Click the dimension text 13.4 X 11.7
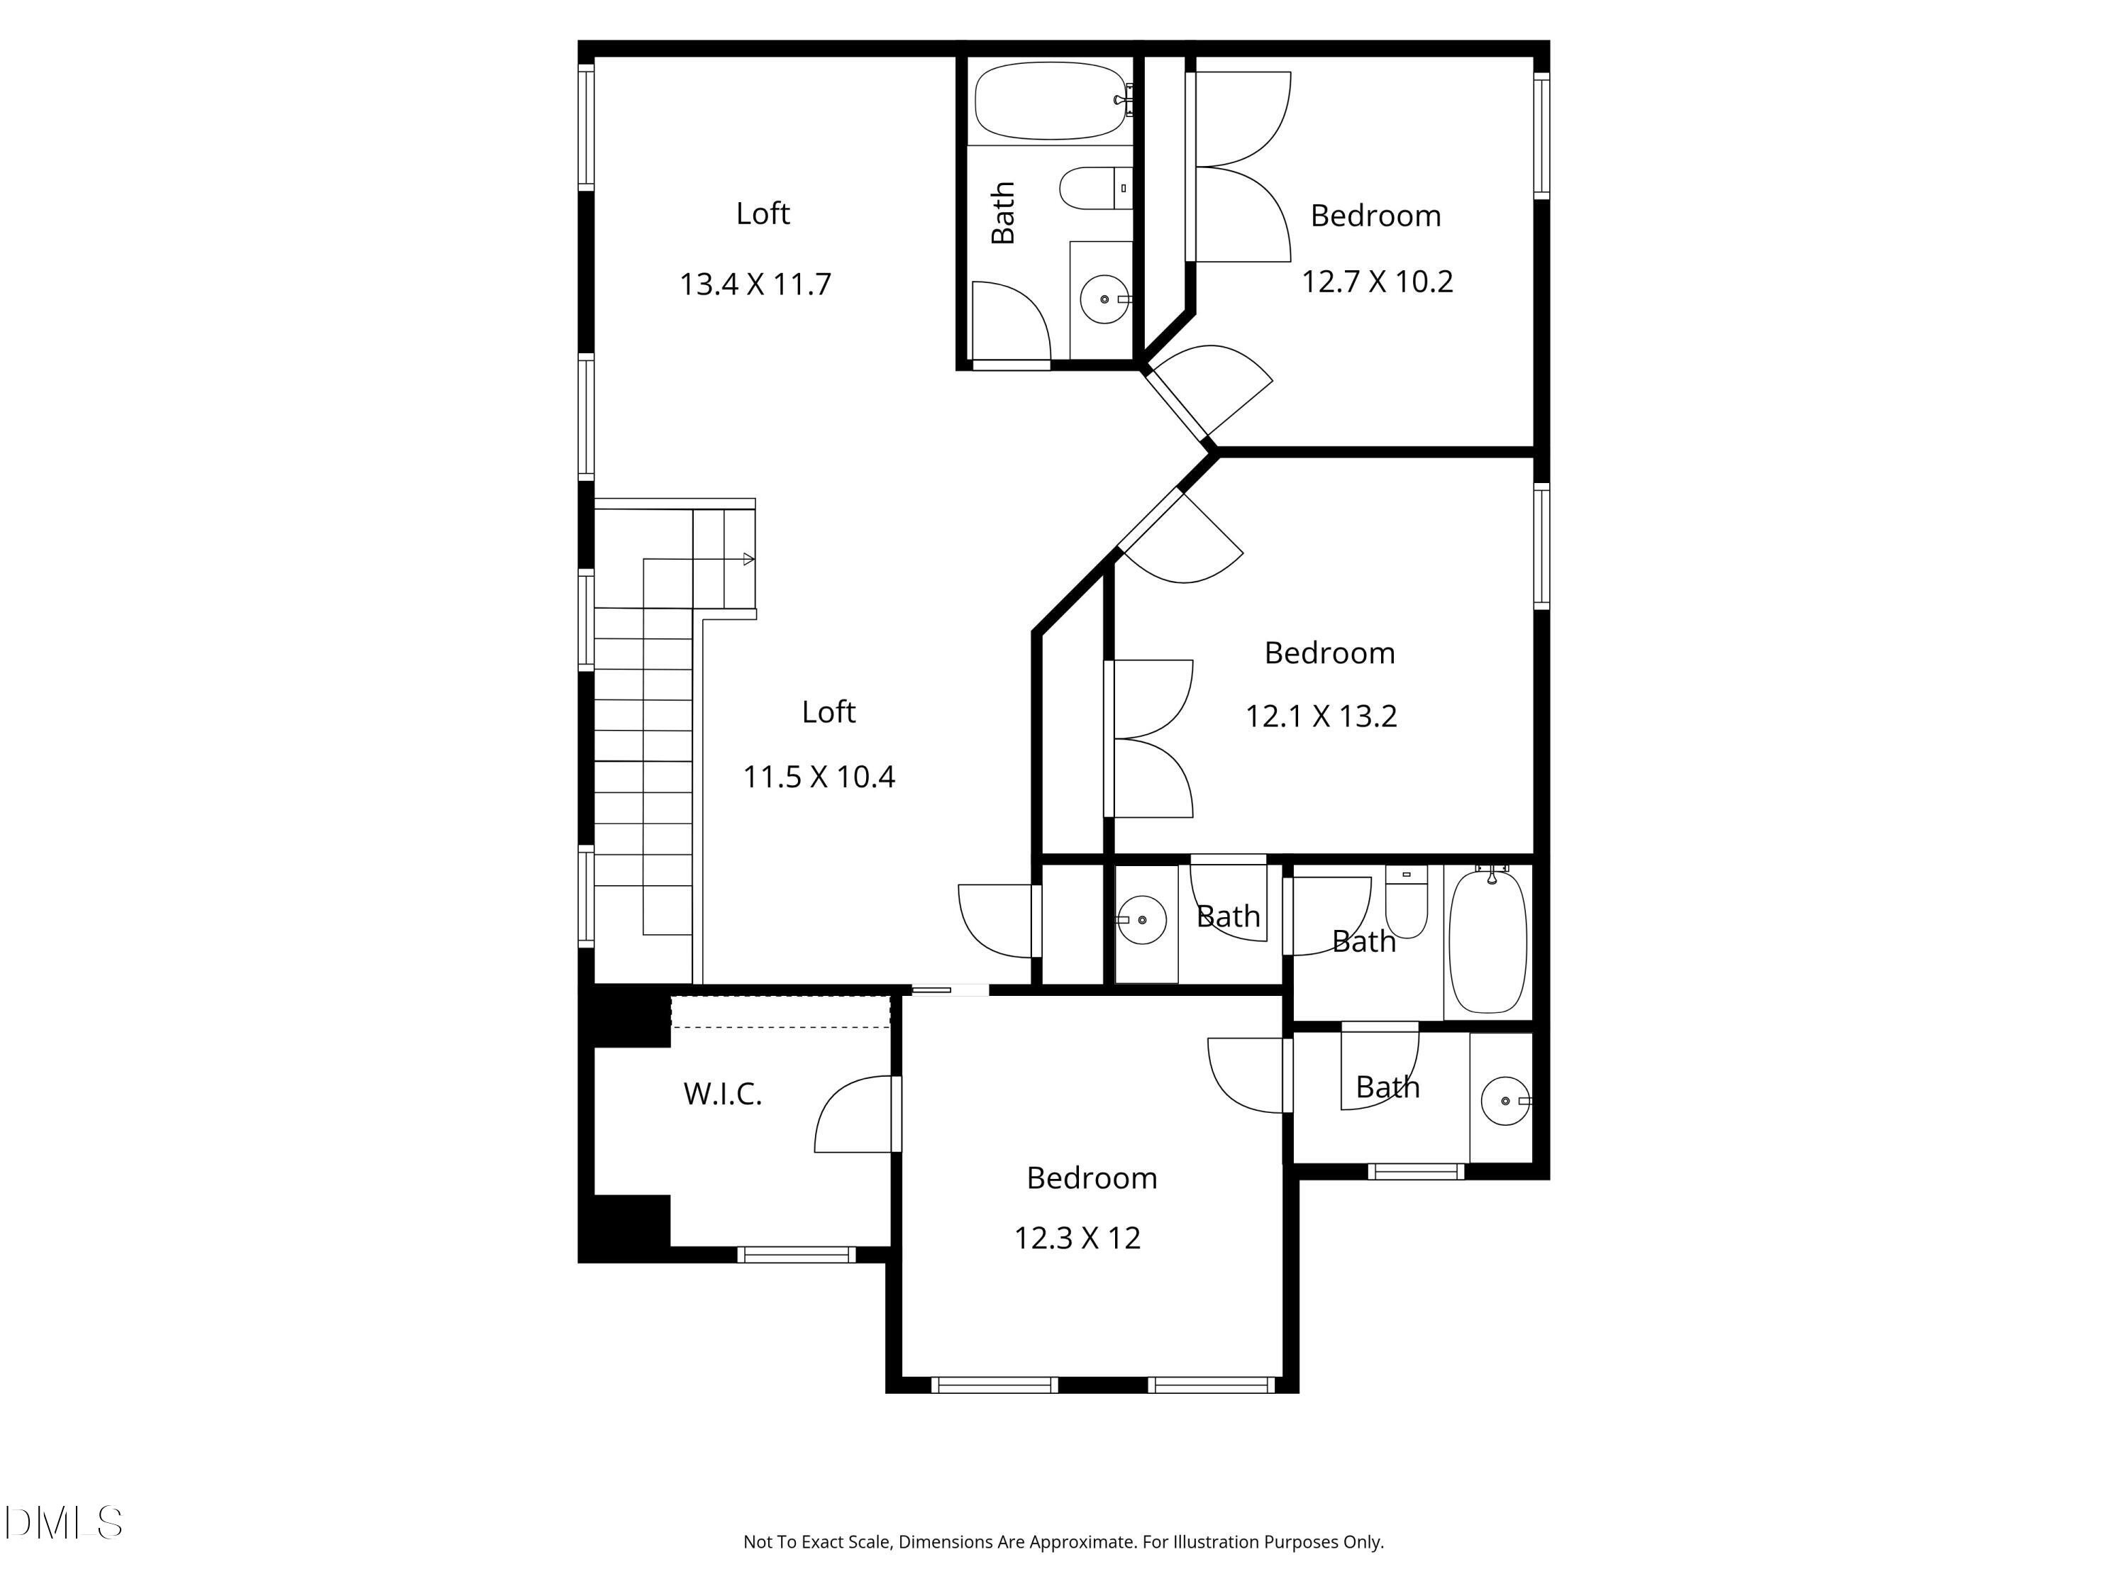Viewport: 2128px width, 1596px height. (755, 284)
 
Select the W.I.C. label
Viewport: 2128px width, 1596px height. (723, 1094)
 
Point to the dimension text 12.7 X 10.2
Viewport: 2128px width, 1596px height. (1377, 282)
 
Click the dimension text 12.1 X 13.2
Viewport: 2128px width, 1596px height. (1321, 716)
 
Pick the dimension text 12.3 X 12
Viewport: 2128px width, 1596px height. (1077, 1238)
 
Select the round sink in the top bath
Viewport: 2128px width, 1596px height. (1104, 299)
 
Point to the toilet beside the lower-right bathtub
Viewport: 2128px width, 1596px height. (1407, 902)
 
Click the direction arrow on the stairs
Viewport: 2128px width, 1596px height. (748, 559)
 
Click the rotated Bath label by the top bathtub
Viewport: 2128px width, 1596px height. (1002, 213)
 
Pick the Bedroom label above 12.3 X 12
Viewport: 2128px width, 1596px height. (1092, 1178)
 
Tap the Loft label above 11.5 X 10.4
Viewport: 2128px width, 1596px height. (829, 712)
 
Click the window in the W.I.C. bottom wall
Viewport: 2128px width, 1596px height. (797, 1255)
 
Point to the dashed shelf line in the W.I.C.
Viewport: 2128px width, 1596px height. (780, 1026)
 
